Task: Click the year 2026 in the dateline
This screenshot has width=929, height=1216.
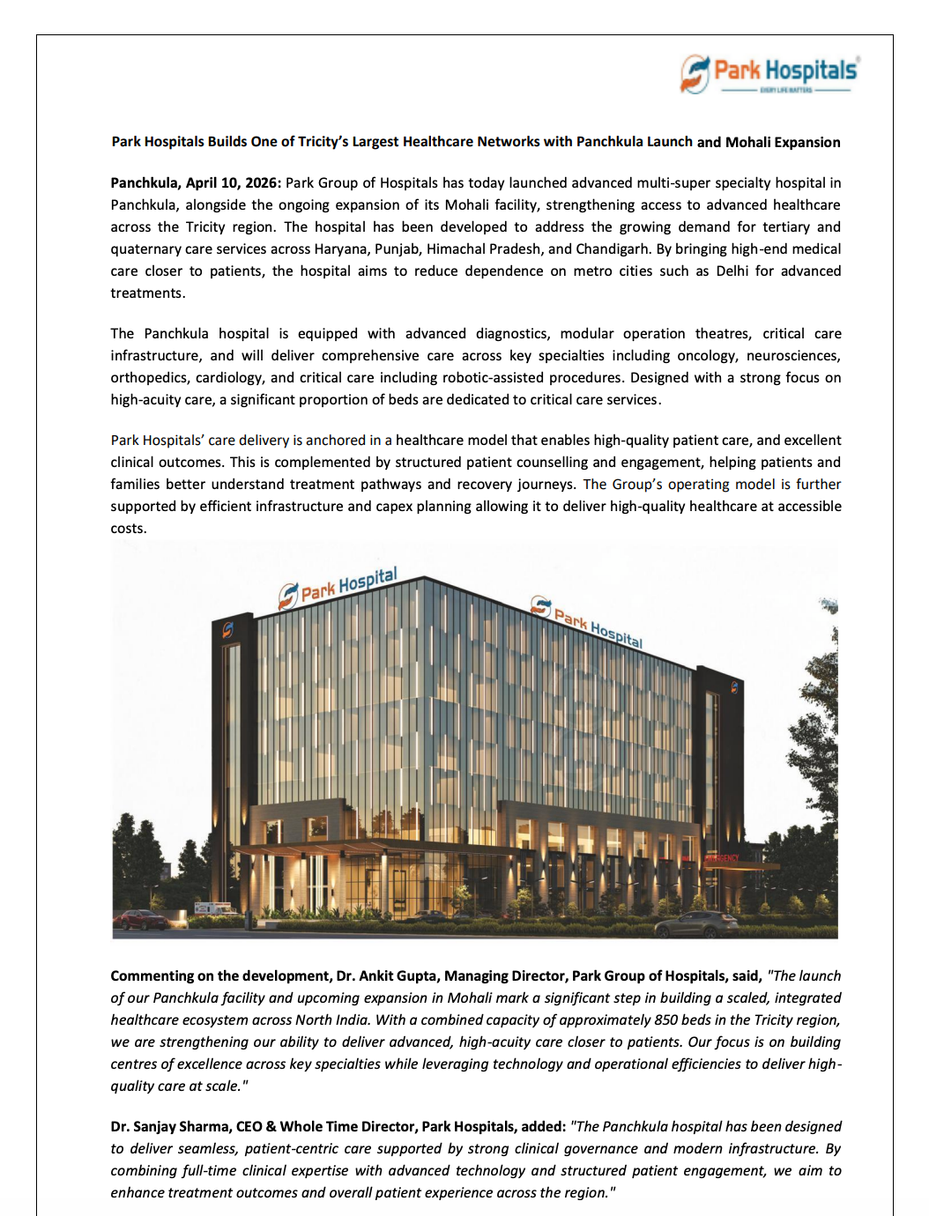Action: tap(261, 183)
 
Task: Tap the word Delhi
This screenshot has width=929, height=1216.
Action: tap(732, 271)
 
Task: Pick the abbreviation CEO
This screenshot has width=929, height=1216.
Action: tap(249, 1127)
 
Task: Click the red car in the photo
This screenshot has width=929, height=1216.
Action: tap(142, 920)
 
